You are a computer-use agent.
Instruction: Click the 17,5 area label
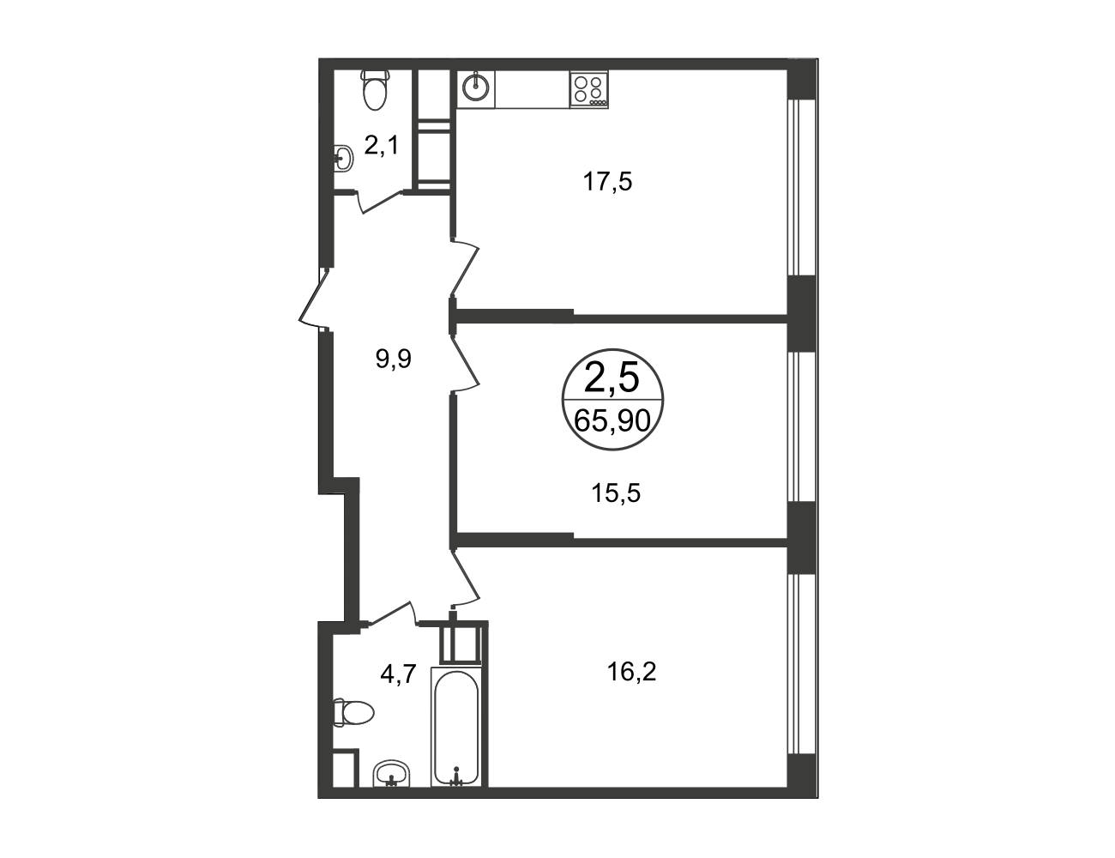click(607, 182)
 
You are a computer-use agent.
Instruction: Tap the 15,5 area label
click(616, 493)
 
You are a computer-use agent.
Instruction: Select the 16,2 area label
click(631, 672)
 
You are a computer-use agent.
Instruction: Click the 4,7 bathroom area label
click(398, 674)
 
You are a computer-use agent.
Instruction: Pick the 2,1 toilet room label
click(382, 146)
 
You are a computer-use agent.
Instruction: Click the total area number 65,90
click(612, 421)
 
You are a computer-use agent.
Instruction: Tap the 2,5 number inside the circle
click(612, 378)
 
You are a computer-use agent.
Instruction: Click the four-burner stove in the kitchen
click(588, 89)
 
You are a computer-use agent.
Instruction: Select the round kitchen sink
click(476, 88)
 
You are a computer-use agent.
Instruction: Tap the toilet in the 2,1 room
click(377, 89)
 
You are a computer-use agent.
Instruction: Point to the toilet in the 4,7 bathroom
click(353, 713)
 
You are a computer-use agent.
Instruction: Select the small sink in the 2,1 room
click(343, 158)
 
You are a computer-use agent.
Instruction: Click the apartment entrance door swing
click(314, 297)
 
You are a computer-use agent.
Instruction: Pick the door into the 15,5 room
click(465, 366)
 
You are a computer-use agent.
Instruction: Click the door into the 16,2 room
click(466, 578)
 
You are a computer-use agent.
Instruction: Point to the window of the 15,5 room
click(801, 426)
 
